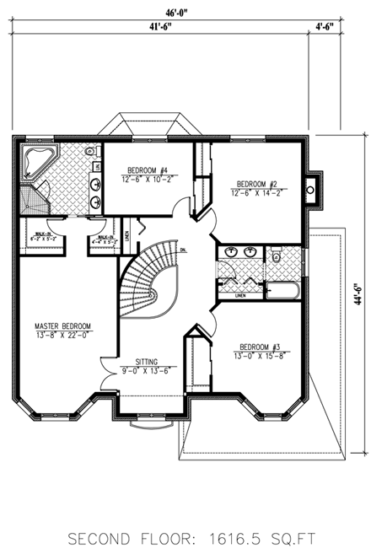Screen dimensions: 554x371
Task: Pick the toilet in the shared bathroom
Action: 276,257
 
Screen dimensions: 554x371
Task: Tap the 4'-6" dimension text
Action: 324,26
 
